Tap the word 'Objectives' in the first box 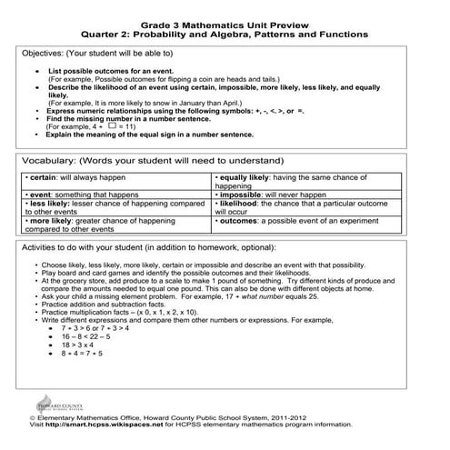point(44,54)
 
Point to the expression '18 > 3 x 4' point(81,345)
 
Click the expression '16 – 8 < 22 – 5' point(86,336)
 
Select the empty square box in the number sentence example point(86,125)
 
